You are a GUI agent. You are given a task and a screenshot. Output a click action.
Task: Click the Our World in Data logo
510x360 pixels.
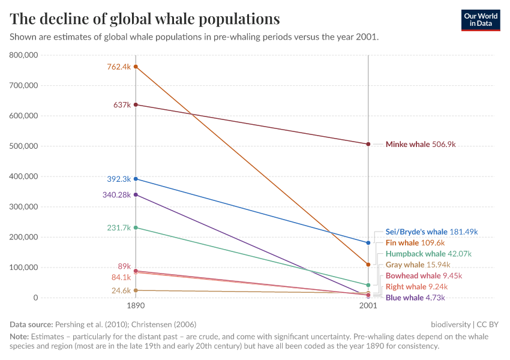click(x=480, y=19)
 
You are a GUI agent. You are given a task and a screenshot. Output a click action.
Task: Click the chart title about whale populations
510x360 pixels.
click(x=145, y=19)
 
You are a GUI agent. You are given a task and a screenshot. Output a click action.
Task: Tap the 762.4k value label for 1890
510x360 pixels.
click(x=118, y=67)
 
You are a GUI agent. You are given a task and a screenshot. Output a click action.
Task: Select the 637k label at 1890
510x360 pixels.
click(x=122, y=105)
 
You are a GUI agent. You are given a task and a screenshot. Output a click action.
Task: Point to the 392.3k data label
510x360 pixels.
click(x=118, y=179)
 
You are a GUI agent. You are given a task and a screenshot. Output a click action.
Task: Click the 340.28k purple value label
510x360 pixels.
click(x=116, y=194)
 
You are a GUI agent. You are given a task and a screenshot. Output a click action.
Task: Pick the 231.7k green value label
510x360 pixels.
click(x=118, y=228)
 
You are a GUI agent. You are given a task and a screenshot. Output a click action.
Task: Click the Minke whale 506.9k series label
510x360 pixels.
click(x=421, y=145)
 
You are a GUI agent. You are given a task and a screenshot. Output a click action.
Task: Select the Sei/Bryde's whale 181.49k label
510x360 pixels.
click(x=431, y=232)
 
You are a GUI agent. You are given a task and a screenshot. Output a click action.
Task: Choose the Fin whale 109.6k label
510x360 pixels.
click(x=415, y=243)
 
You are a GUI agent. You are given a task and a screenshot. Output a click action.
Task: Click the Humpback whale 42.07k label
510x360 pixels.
click(x=428, y=254)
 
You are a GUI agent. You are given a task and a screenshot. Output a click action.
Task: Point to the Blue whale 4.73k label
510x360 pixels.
click(x=416, y=298)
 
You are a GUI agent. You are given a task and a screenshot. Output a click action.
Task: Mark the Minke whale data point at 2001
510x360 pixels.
click(x=368, y=144)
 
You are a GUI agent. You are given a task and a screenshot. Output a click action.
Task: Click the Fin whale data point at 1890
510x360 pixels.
click(x=136, y=67)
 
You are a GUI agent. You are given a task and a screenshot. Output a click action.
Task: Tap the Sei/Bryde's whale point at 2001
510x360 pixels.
click(x=368, y=243)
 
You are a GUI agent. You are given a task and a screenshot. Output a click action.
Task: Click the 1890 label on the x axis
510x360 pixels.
click(x=136, y=305)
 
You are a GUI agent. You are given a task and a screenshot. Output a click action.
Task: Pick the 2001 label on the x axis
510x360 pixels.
click(x=368, y=305)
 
